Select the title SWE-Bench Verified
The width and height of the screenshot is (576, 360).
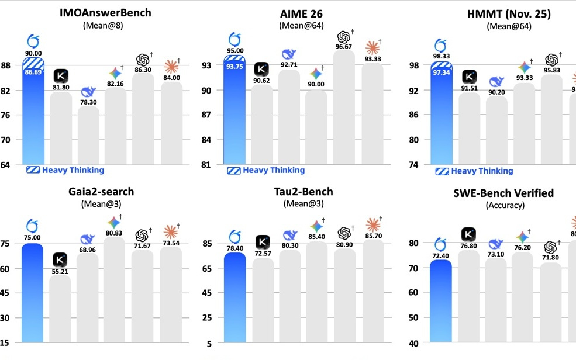[505, 193]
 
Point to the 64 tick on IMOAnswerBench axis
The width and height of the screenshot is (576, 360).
[5, 165]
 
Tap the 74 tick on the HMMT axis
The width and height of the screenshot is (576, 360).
[413, 165]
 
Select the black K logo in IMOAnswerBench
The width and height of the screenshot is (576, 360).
[61, 75]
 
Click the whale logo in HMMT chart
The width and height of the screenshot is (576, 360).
[496, 81]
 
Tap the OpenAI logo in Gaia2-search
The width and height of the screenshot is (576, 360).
[142, 234]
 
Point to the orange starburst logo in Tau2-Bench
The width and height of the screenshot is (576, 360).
[372, 224]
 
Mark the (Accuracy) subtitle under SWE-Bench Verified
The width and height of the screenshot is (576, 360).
[505, 205]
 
